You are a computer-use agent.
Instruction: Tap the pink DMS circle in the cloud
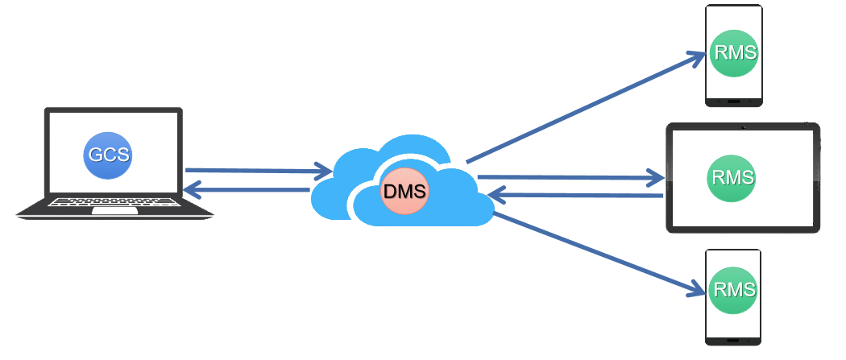coord(405,192)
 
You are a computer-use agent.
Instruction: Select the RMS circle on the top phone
coord(735,53)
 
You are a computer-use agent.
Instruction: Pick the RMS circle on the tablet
coord(732,177)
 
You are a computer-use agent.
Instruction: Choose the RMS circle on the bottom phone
coord(734,289)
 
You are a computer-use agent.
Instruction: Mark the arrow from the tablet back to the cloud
coord(576,195)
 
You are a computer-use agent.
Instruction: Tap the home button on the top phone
coord(734,101)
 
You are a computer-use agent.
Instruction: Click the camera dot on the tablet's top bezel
coord(743,127)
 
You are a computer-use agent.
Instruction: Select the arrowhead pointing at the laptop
coord(193,190)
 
